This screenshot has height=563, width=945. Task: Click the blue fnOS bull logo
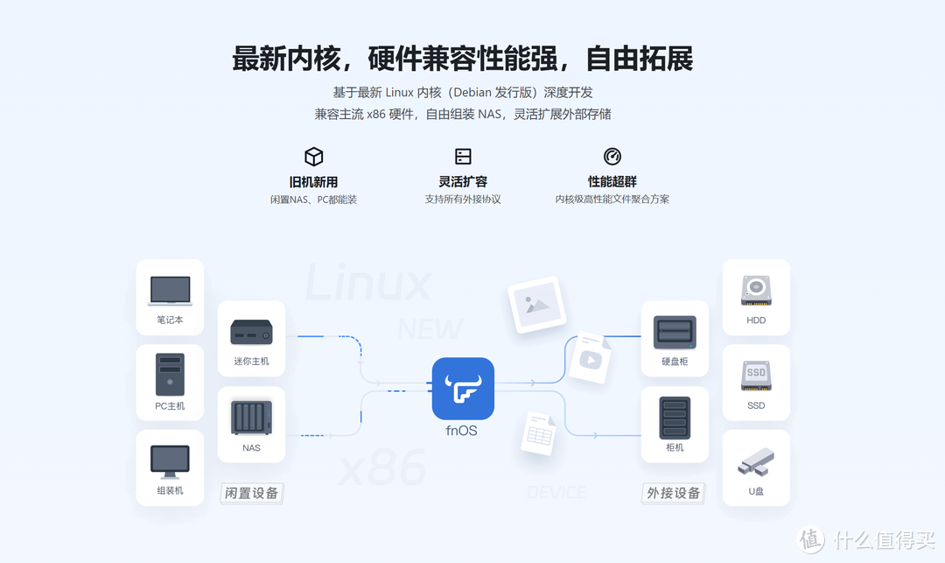[463, 389]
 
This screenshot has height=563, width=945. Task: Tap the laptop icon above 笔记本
[170, 291]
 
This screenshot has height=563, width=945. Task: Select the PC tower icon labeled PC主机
[170, 374]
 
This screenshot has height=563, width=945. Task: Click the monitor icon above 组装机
[170, 461]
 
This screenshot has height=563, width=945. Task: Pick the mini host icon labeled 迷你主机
[251, 332]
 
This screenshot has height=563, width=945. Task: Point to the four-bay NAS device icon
[251, 418]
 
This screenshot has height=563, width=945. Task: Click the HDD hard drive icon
[756, 291]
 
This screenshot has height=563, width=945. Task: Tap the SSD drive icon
[756, 376]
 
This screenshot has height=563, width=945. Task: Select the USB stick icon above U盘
[756, 461]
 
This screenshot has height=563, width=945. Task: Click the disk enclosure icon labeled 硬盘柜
[675, 333]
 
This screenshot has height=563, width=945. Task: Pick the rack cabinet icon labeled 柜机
[675, 418]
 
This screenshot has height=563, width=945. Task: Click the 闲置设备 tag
[252, 493]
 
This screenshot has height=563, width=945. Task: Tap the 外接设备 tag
[674, 493]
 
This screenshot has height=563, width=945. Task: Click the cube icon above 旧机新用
[313, 157]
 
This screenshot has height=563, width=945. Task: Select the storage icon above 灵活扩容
[463, 157]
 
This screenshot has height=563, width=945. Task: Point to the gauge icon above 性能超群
[612, 157]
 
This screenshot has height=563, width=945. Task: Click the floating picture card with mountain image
[536, 304]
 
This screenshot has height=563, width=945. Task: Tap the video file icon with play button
[590, 357]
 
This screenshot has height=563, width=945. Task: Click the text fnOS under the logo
[462, 431]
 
